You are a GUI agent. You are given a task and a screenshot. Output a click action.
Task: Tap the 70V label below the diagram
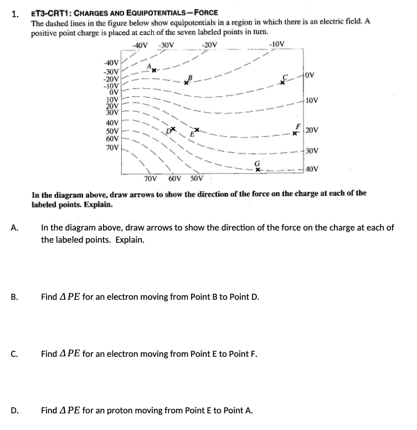(x=150, y=180)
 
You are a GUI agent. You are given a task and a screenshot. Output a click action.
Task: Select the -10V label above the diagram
(x=276, y=45)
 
